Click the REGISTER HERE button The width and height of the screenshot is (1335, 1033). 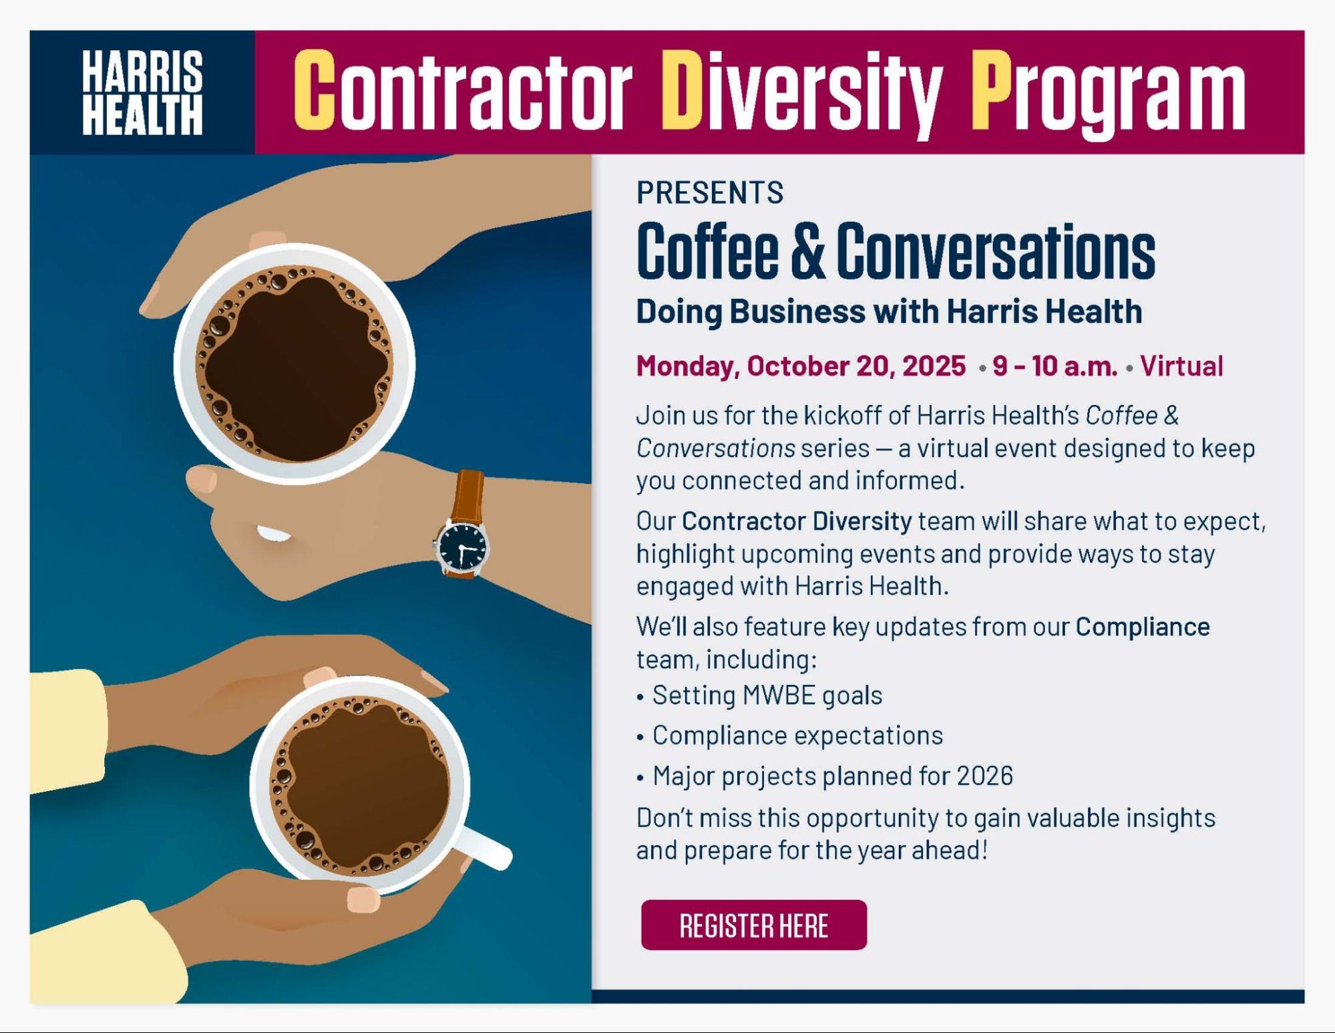pyautogui.click(x=753, y=925)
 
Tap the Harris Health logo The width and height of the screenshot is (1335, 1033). pyautogui.click(x=142, y=92)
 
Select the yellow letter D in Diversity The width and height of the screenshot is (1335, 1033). pyautogui.click(x=682, y=90)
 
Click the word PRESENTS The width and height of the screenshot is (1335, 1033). pyautogui.click(x=710, y=192)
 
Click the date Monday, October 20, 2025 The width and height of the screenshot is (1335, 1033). pyautogui.click(x=801, y=365)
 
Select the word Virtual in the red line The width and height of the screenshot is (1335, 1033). pyautogui.click(x=1181, y=365)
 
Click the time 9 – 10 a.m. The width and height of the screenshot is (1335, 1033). pyautogui.click(x=1055, y=365)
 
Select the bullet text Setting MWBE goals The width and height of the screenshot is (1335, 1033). pyautogui.click(x=767, y=695)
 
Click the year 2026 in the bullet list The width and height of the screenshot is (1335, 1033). pyautogui.click(x=984, y=776)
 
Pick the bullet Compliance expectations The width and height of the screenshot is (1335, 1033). pyautogui.click(x=797, y=736)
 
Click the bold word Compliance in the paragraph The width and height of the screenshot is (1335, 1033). pyautogui.click(x=1142, y=627)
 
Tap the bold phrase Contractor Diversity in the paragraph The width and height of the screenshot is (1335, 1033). pyautogui.click(x=797, y=521)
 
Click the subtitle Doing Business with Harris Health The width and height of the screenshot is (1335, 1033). pyautogui.click(x=889, y=311)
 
